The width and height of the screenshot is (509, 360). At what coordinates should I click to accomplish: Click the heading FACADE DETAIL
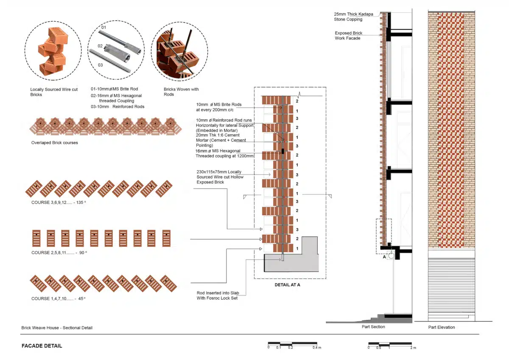pos(42,346)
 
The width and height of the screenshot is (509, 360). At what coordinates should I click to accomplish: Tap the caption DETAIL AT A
pos(287,285)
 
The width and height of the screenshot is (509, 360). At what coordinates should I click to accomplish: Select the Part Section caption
pos(373,326)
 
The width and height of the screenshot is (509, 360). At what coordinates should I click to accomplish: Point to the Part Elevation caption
pos(442,327)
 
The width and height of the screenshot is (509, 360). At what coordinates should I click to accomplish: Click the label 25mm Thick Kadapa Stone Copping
pos(353,17)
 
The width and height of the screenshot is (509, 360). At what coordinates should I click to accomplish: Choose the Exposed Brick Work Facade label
pos(348,36)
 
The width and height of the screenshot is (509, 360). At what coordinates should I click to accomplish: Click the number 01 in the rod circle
pos(103,27)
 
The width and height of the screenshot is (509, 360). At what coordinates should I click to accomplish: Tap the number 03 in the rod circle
pos(100,65)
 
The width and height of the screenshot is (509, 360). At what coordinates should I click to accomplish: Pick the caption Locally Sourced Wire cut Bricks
pos(54,92)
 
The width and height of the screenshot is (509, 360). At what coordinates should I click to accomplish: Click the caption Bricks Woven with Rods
pos(181,92)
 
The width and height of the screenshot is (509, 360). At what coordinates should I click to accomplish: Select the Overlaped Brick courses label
pos(55,143)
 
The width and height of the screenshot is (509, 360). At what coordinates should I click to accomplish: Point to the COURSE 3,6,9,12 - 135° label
pos(59,202)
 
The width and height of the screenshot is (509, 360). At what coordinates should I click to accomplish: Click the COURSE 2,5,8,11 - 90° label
pos(59,253)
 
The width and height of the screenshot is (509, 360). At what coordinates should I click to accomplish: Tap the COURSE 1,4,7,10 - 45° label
pos(59,298)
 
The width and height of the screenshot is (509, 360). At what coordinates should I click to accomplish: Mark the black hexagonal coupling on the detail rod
pos(282,151)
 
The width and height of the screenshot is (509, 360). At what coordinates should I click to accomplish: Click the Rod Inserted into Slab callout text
pos(218,295)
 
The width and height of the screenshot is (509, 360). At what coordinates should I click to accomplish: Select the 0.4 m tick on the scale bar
pos(317,348)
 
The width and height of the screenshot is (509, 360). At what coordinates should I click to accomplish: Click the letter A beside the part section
pos(384,257)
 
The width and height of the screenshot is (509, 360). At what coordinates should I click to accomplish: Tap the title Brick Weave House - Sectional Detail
pos(57,328)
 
